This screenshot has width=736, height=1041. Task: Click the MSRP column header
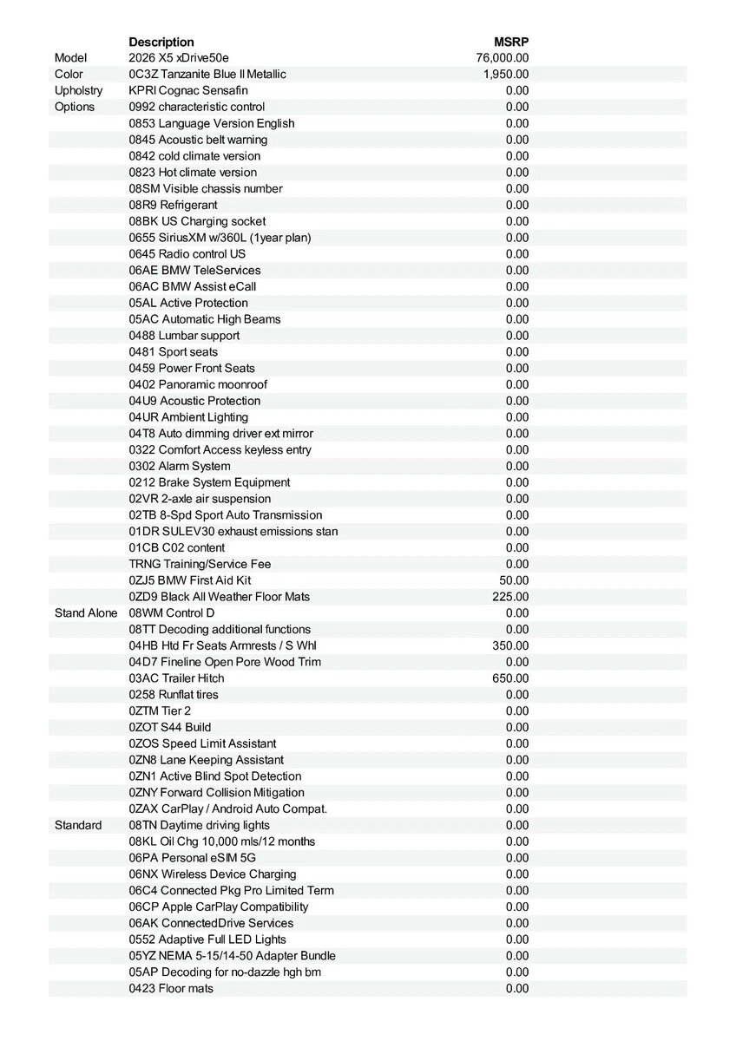pyautogui.click(x=511, y=42)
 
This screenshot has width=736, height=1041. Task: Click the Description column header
pyautogui.click(x=161, y=42)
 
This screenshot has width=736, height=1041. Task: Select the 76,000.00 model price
pyautogui.click(x=503, y=58)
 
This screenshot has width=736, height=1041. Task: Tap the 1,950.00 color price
pyautogui.click(x=506, y=75)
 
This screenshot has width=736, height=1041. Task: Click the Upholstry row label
pyautogui.click(x=78, y=90)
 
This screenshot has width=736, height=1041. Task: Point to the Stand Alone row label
pyautogui.click(x=86, y=613)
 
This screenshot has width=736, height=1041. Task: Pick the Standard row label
pyautogui.click(x=78, y=825)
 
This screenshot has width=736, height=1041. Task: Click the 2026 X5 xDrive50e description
pyautogui.click(x=179, y=58)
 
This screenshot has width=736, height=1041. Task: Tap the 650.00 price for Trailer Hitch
pyautogui.click(x=510, y=678)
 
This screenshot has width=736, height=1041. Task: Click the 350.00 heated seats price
pyautogui.click(x=510, y=645)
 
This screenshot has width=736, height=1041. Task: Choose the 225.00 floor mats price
pyautogui.click(x=510, y=597)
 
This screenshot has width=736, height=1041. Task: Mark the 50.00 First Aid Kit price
pyautogui.click(x=514, y=580)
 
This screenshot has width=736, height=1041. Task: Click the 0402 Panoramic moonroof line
pyautogui.click(x=198, y=384)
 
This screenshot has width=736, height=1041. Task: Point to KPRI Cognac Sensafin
pyautogui.click(x=188, y=90)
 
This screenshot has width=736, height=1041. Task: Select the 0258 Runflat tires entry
pyautogui.click(x=174, y=695)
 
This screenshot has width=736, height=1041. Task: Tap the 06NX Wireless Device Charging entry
pyautogui.click(x=213, y=874)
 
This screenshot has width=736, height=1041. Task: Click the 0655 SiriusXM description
pyautogui.click(x=220, y=238)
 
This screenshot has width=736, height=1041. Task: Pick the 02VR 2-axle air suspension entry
pyautogui.click(x=200, y=499)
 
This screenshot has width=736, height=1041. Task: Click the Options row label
pyautogui.click(x=75, y=107)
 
